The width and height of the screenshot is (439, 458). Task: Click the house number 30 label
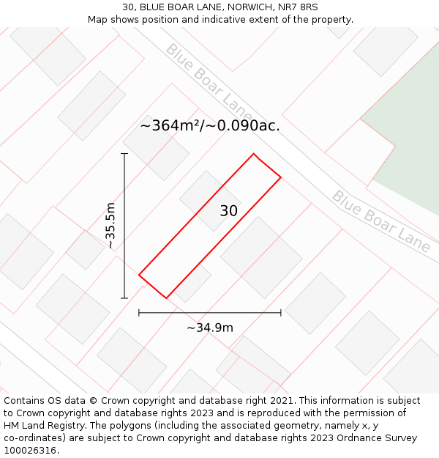click(x=228, y=211)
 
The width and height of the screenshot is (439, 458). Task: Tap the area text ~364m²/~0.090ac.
click(x=209, y=125)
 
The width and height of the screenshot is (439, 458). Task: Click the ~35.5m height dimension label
click(x=110, y=226)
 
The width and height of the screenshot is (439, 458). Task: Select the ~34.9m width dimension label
click(x=209, y=328)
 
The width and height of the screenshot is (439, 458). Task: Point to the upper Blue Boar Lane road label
click(x=209, y=82)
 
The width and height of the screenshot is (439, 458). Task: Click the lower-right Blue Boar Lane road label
click(x=380, y=221)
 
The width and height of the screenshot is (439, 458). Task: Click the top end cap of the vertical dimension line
click(x=124, y=154)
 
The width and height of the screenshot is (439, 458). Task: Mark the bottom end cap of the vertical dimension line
click(x=124, y=298)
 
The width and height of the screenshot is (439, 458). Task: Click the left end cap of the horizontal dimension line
click(x=139, y=313)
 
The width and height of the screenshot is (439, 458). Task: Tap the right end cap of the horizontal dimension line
click(x=281, y=313)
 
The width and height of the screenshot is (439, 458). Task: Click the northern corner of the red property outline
click(x=254, y=154)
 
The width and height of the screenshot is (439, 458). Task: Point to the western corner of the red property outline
click(x=139, y=275)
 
